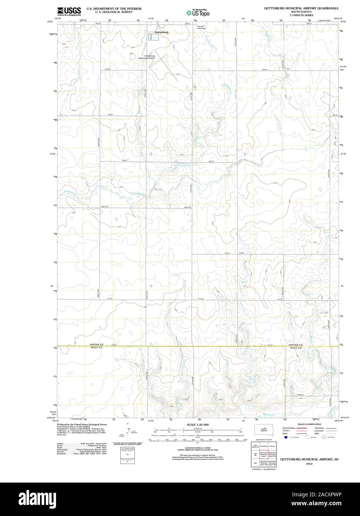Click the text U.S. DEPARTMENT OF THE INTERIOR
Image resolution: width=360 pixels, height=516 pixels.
tap(114, 8)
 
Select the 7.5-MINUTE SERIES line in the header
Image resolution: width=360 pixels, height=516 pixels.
tap(296, 15)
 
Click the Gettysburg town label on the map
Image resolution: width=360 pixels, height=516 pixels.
tap(161, 32)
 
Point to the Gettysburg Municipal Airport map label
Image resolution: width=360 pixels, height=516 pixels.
tap(147, 57)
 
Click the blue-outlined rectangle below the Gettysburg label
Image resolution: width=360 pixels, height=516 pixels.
tap(153, 37)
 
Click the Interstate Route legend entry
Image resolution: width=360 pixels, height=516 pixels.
tap(289, 428)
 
